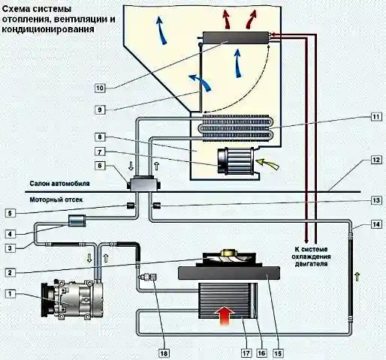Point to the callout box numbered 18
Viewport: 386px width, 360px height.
coord(164,352)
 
